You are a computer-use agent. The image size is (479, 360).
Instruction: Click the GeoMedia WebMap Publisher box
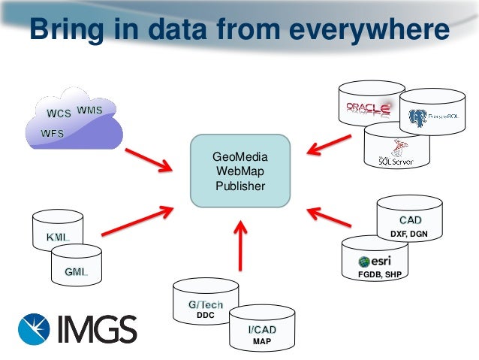click(239, 171)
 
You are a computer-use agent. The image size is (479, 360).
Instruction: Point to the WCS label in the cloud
click(59, 114)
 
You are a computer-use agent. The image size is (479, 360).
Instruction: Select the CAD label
click(410, 220)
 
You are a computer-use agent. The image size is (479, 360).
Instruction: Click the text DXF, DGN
click(409, 234)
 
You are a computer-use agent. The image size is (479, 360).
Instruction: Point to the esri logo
click(375, 261)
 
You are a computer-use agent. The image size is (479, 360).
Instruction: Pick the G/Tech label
click(206, 305)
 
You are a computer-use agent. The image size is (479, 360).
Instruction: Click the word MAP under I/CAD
click(261, 343)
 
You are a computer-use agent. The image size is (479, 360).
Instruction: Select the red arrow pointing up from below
click(239, 244)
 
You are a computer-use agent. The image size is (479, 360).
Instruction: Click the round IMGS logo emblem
click(35, 329)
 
